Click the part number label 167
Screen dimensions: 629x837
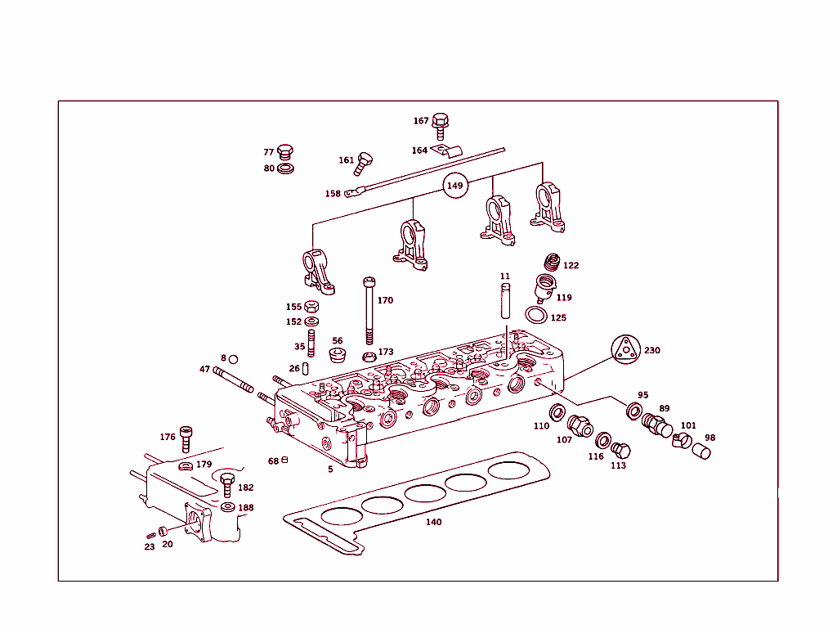click(421, 121)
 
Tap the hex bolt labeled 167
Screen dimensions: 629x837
click(440, 124)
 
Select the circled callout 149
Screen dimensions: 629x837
click(455, 186)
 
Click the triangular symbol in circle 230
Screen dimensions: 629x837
click(625, 349)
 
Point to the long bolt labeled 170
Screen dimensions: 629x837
click(369, 311)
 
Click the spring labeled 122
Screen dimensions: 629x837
click(552, 263)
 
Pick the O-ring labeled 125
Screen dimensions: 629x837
click(535, 317)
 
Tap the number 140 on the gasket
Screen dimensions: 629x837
click(433, 522)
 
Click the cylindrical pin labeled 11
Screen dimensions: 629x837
click(504, 299)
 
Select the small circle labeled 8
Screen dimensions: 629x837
click(233, 359)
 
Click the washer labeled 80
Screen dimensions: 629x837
click(286, 168)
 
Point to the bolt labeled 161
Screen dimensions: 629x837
click(364, 163)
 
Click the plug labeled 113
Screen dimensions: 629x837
click(621, 451)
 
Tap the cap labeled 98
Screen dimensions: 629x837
click(701, 451)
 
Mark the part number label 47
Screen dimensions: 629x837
click(204, 370)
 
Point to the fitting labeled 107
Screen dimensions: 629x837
click(579, 426)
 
